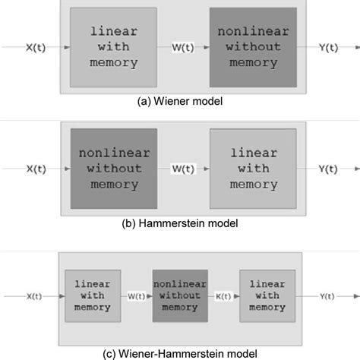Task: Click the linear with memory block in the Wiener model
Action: (113, 47)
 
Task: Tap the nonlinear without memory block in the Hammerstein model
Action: (113, 166)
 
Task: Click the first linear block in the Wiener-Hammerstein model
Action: (92, 295)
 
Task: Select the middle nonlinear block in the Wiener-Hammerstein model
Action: (179, 295)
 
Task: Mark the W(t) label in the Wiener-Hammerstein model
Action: (136, 295)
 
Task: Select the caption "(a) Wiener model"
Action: (180, 99)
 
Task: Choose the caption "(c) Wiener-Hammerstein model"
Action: (180, 352)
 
